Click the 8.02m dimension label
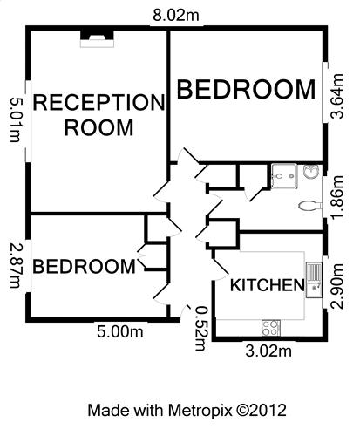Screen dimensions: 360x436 click(x=176, y=15)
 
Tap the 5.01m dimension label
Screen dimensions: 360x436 click(x=15, y=119)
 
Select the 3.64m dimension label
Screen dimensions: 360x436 click(x=337, y=96)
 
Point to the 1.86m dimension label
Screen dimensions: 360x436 click(x=337, y=197)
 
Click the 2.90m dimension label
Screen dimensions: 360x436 click(x=337, y=286)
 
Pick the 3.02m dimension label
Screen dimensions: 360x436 click(x=268, y=351)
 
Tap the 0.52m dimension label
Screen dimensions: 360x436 click(x=201, y=329)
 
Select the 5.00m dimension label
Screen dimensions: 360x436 click(x=120, y=331)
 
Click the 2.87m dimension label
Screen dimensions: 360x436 click(x=15, y=266)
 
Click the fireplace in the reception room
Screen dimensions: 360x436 click(x=97, y=37)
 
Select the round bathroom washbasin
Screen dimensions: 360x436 click(x=311, y=172)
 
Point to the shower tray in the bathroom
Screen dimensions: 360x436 click(x=284, y=176)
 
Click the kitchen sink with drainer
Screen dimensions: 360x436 click(x=314, y=280)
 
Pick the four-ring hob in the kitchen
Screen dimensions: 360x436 click(x=271, y=328)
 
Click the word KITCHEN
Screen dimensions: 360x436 click(x=268, y=285)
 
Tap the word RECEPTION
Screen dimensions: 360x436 click(x=99, y=102)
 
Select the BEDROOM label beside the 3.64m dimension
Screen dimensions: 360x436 click(x=246, y=89)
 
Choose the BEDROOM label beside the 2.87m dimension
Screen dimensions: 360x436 click(x=85, y=266)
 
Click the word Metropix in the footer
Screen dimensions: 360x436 click(x=200, y=411)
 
